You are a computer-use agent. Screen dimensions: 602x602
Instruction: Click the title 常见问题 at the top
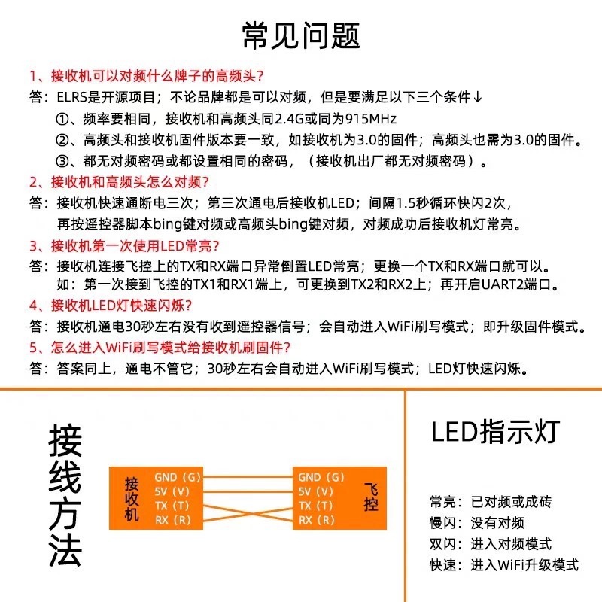click(x=301, y=35)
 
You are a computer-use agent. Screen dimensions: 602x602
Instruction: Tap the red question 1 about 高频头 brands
click(x=147, y=76)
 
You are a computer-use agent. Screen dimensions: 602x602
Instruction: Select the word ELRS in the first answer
click(x=71, y=97)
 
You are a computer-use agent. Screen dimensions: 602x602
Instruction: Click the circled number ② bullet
click(x=62, y=140)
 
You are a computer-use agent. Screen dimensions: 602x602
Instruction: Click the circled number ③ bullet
click(x=62, y=161)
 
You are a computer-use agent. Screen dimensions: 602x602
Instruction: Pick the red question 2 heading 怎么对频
click(x=119, y=181)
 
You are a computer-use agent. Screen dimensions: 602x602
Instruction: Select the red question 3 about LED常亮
click(x=124, y=246)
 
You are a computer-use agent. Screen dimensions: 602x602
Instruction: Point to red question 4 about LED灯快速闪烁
click(x=111, y=306)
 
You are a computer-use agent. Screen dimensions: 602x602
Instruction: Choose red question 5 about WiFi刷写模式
click(x=160, y=348)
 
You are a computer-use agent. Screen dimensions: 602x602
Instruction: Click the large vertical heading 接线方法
click(x=65, y=495)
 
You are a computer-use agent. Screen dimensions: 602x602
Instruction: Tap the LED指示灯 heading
click(x=495, y=432)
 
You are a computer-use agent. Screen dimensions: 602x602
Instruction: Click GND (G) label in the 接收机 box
click(x=178, y=477)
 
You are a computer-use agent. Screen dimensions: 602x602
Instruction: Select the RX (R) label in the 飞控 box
click(x=317, y=520)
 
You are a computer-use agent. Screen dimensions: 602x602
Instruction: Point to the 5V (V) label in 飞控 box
click(x=315, y=491)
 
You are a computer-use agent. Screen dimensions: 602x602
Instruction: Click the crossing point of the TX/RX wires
click(x=248, y=513)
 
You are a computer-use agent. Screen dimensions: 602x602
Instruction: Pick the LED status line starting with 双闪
click(x=491, y=543)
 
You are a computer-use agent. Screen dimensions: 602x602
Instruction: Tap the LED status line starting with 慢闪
click(x=477, y=522)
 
